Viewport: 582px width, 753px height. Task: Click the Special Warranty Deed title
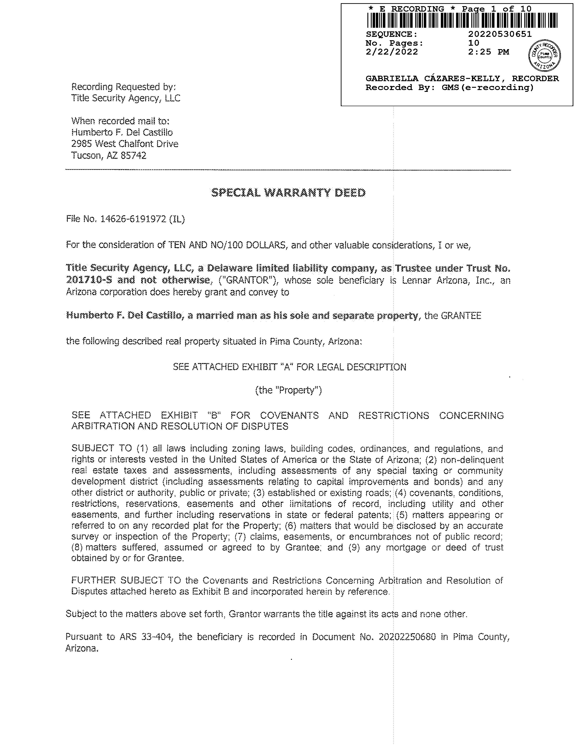point(288,193)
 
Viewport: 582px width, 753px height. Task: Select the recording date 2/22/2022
point(392,52)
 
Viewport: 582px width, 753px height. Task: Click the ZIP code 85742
point(133,156)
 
